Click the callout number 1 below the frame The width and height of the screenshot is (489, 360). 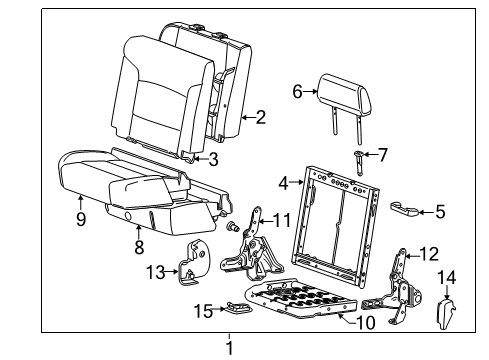[228, 348]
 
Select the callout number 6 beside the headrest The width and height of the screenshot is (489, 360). [297, 91]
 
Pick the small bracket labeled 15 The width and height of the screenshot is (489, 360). [238, 308]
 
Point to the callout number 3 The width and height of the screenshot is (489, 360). [213, 159]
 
